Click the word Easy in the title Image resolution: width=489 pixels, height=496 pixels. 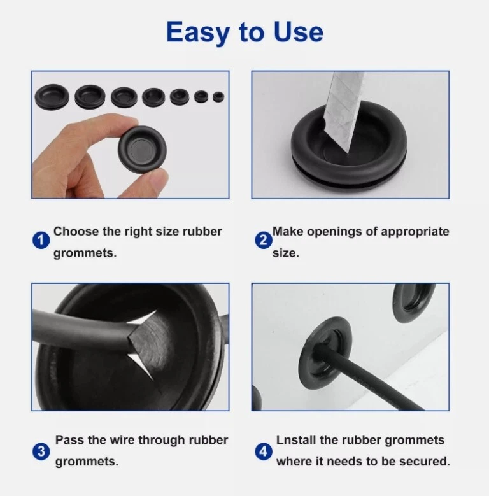click(198, 32)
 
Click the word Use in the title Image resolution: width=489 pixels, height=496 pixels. click(298, 32)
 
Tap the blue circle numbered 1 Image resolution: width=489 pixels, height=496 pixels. click(41, 241)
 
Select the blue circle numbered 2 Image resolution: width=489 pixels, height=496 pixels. click(264, 241)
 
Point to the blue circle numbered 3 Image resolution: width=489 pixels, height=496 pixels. click(41, 451)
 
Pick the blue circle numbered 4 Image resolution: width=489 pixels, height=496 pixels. click(264, 451)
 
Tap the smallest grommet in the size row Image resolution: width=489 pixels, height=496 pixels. click(218, 97)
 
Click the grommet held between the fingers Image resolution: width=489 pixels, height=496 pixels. click(142, 149)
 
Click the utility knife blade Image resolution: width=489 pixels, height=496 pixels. click(344, 111)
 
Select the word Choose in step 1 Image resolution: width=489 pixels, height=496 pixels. click(76, 232)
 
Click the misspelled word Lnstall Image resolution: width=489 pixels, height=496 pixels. click(296, 440)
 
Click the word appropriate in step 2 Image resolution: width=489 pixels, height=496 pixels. click(415, 232)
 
